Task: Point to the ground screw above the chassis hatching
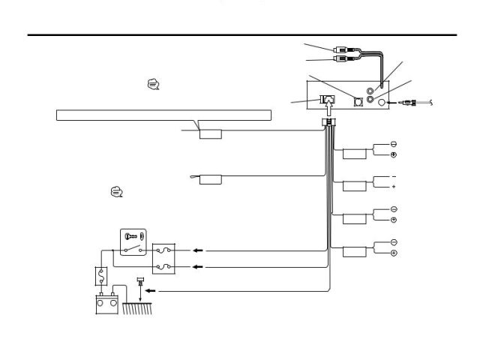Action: pos(141,283)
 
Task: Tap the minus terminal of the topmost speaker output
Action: pos(394,144)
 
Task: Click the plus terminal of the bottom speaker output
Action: pos(394,253)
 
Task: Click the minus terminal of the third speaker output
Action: pos(394,209)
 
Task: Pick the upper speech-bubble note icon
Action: pos(153,85)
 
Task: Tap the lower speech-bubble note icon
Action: pos(116,193)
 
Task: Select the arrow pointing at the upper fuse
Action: pos(196,251)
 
